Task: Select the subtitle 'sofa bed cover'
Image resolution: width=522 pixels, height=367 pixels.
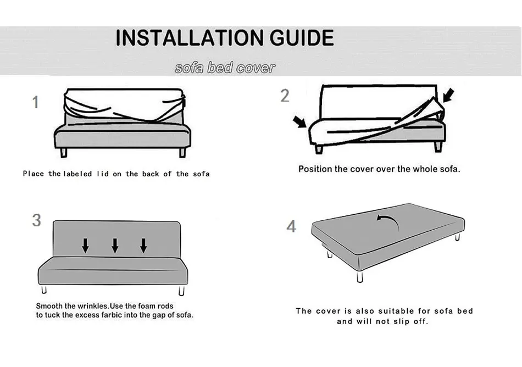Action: [225, 68]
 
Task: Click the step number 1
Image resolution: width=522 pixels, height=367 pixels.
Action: [36, 102]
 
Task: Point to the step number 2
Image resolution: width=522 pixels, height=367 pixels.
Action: [285, 96]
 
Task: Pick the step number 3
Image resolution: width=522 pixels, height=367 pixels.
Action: [36, 220]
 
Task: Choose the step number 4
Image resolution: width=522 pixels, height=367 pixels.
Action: [291, 226]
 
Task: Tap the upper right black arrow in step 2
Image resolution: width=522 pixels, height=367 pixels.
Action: [448, 96]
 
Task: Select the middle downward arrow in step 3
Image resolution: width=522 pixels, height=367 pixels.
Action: [115, 245]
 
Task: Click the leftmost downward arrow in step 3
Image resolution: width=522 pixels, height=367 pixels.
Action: [86, 245]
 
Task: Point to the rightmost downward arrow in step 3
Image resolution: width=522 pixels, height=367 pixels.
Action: [143, 245]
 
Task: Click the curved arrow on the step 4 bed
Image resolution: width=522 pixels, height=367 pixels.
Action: [387, 219]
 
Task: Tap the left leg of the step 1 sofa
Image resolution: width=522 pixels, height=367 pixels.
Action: [65, 153]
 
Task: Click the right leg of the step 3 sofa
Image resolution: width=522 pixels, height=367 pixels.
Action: [181, 290]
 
